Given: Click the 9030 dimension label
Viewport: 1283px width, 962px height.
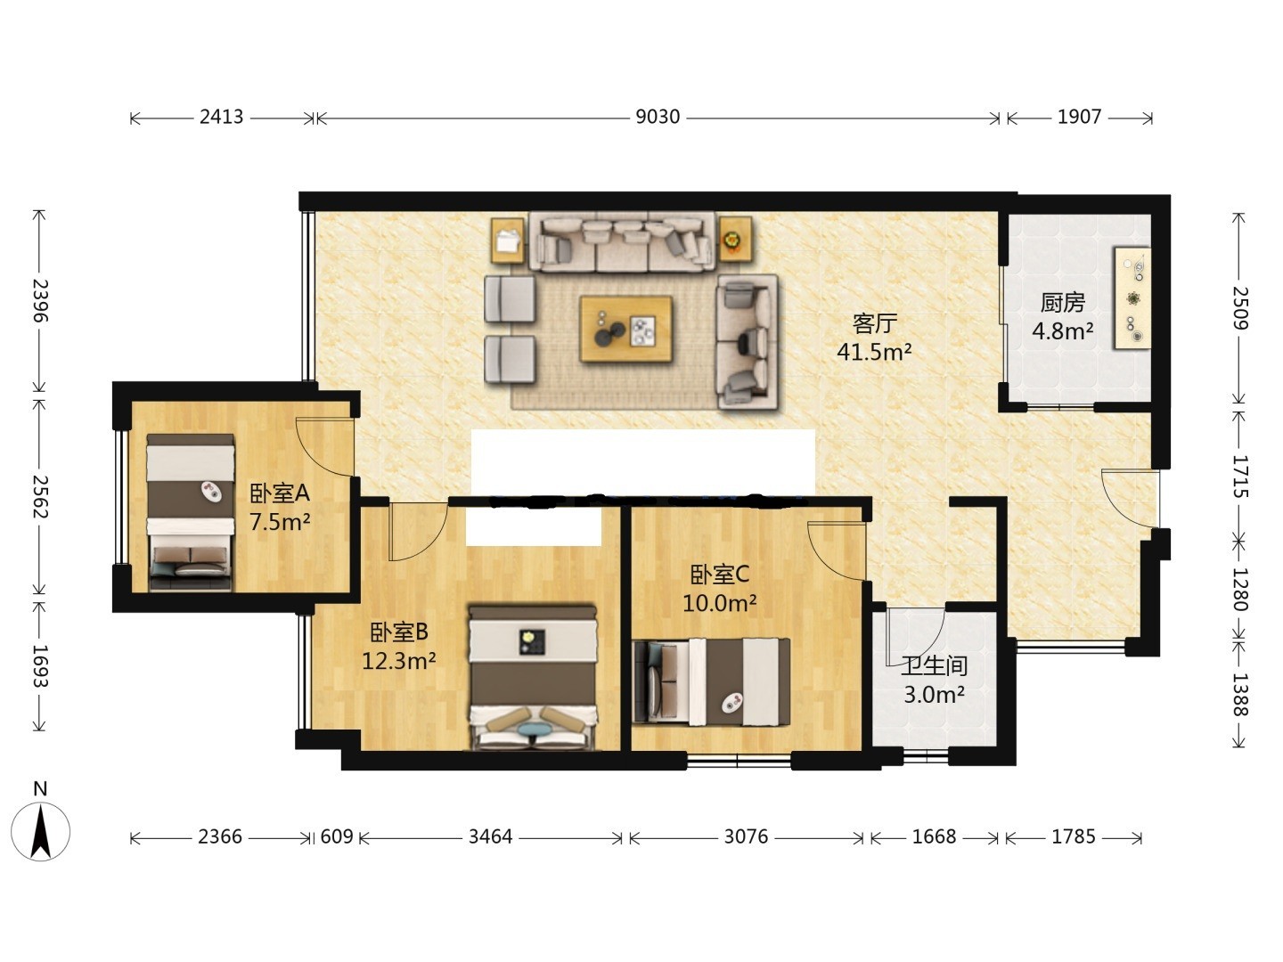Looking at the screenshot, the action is [657, 117].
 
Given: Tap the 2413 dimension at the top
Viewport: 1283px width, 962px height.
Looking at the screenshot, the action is [221, 117].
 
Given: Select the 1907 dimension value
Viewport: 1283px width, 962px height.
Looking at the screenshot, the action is [1079, 117].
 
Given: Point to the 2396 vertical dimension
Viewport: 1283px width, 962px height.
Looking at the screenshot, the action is [40, 301].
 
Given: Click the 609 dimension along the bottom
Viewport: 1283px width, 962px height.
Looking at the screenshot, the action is [337, 836].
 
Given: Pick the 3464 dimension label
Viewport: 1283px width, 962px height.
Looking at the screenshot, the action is [490, 836].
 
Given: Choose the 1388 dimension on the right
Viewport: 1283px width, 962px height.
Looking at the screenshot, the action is [1239, 695].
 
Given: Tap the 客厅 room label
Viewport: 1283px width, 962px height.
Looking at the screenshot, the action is [874, 323].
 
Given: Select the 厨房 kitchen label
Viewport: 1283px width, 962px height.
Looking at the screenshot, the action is [1062, 303].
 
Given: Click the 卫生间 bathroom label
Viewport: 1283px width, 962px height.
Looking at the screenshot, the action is [934, 665].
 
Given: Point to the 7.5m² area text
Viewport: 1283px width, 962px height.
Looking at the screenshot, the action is [280, 521].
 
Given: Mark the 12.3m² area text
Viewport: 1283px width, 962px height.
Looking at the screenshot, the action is [398, 661].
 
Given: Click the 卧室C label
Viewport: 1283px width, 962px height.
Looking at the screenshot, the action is [719, 575].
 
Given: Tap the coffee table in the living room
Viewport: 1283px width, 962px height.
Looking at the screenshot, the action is [625, 329].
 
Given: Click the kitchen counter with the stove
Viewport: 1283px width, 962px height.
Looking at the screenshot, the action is [1132, 298].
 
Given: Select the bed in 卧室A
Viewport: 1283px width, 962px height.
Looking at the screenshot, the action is [191, 512].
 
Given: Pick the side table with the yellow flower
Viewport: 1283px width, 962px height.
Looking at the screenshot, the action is [735, 239].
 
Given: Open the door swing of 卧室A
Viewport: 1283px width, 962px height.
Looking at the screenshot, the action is [325, 447].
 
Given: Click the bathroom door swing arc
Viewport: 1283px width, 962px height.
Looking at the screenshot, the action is [915, 637].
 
